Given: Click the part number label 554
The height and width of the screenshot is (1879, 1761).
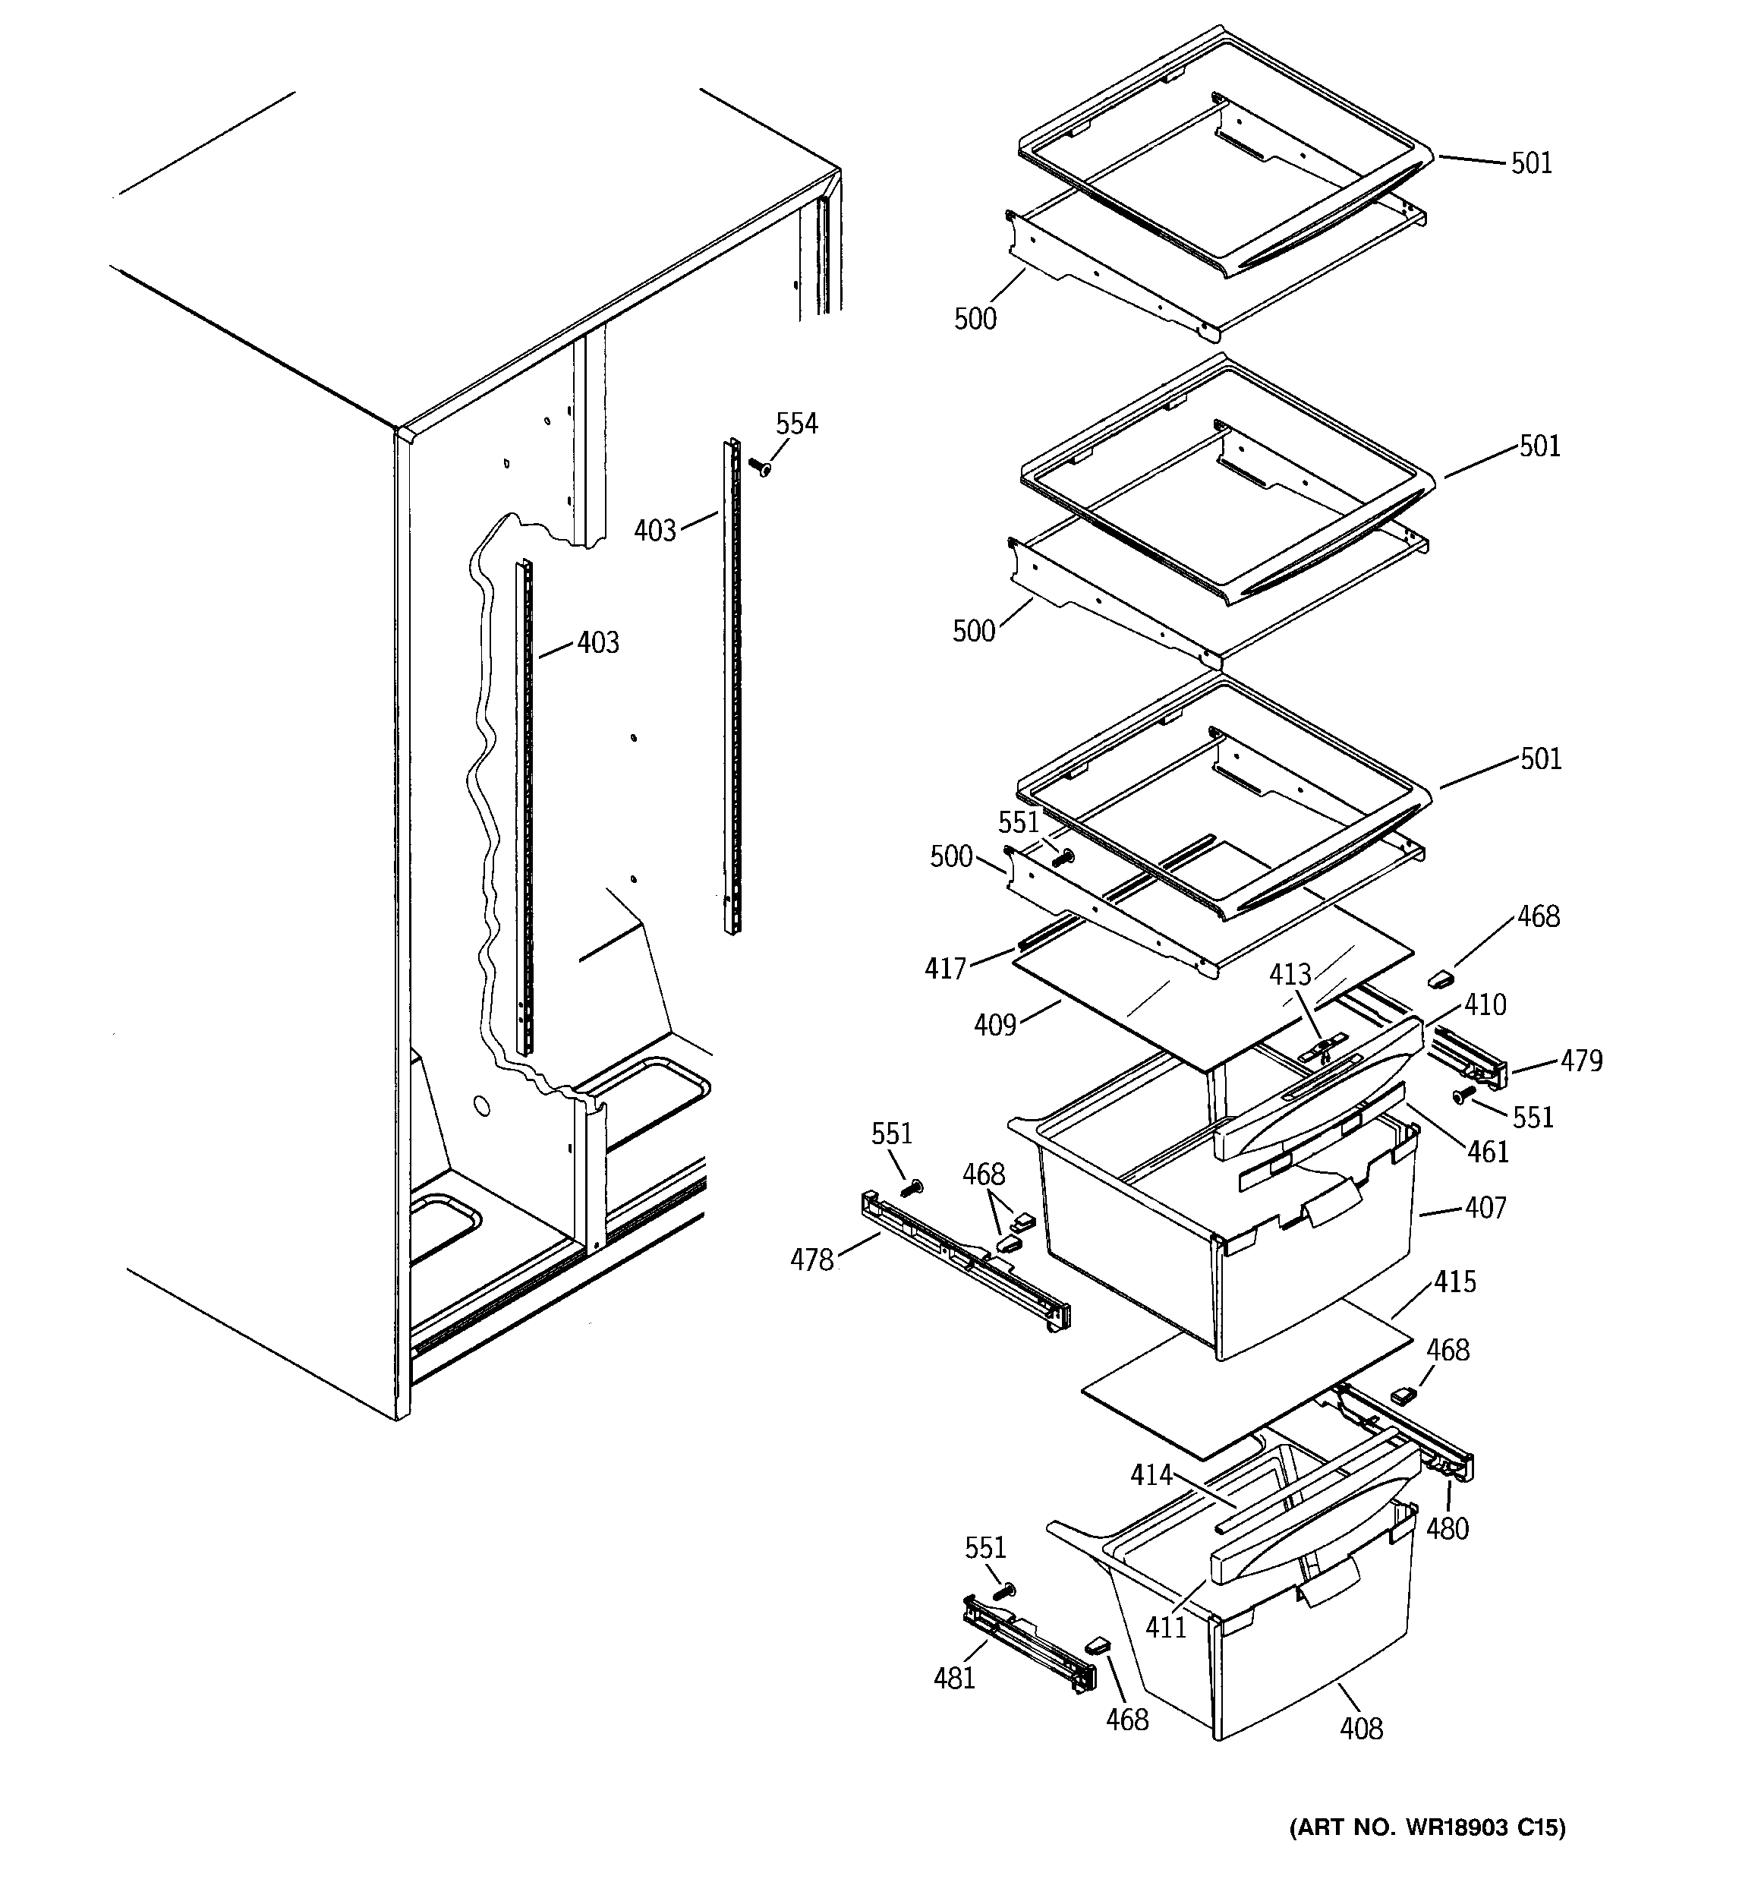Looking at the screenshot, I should (797, 424).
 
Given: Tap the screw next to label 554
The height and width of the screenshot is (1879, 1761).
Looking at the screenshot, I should (759, 466).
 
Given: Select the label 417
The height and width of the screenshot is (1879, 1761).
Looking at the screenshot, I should (945, 968).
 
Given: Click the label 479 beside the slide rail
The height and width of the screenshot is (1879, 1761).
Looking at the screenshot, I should (1581, 1061).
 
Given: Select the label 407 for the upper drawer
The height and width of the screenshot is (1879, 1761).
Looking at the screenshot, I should (1485, 1208).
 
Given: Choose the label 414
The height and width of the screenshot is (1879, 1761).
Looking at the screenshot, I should (1151, 1475).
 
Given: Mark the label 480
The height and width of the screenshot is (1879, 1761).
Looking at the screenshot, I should (1448, 1528).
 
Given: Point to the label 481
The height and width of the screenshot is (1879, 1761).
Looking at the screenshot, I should (954, 1678).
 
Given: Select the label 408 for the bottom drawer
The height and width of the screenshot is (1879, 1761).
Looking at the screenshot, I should (1360, 1729).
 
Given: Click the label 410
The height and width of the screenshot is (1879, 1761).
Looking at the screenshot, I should (1485, 1004).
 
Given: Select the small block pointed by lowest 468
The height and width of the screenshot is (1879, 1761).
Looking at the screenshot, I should (1097, 1644).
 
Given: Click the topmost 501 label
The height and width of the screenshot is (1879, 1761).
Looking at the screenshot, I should (1531, 163).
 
